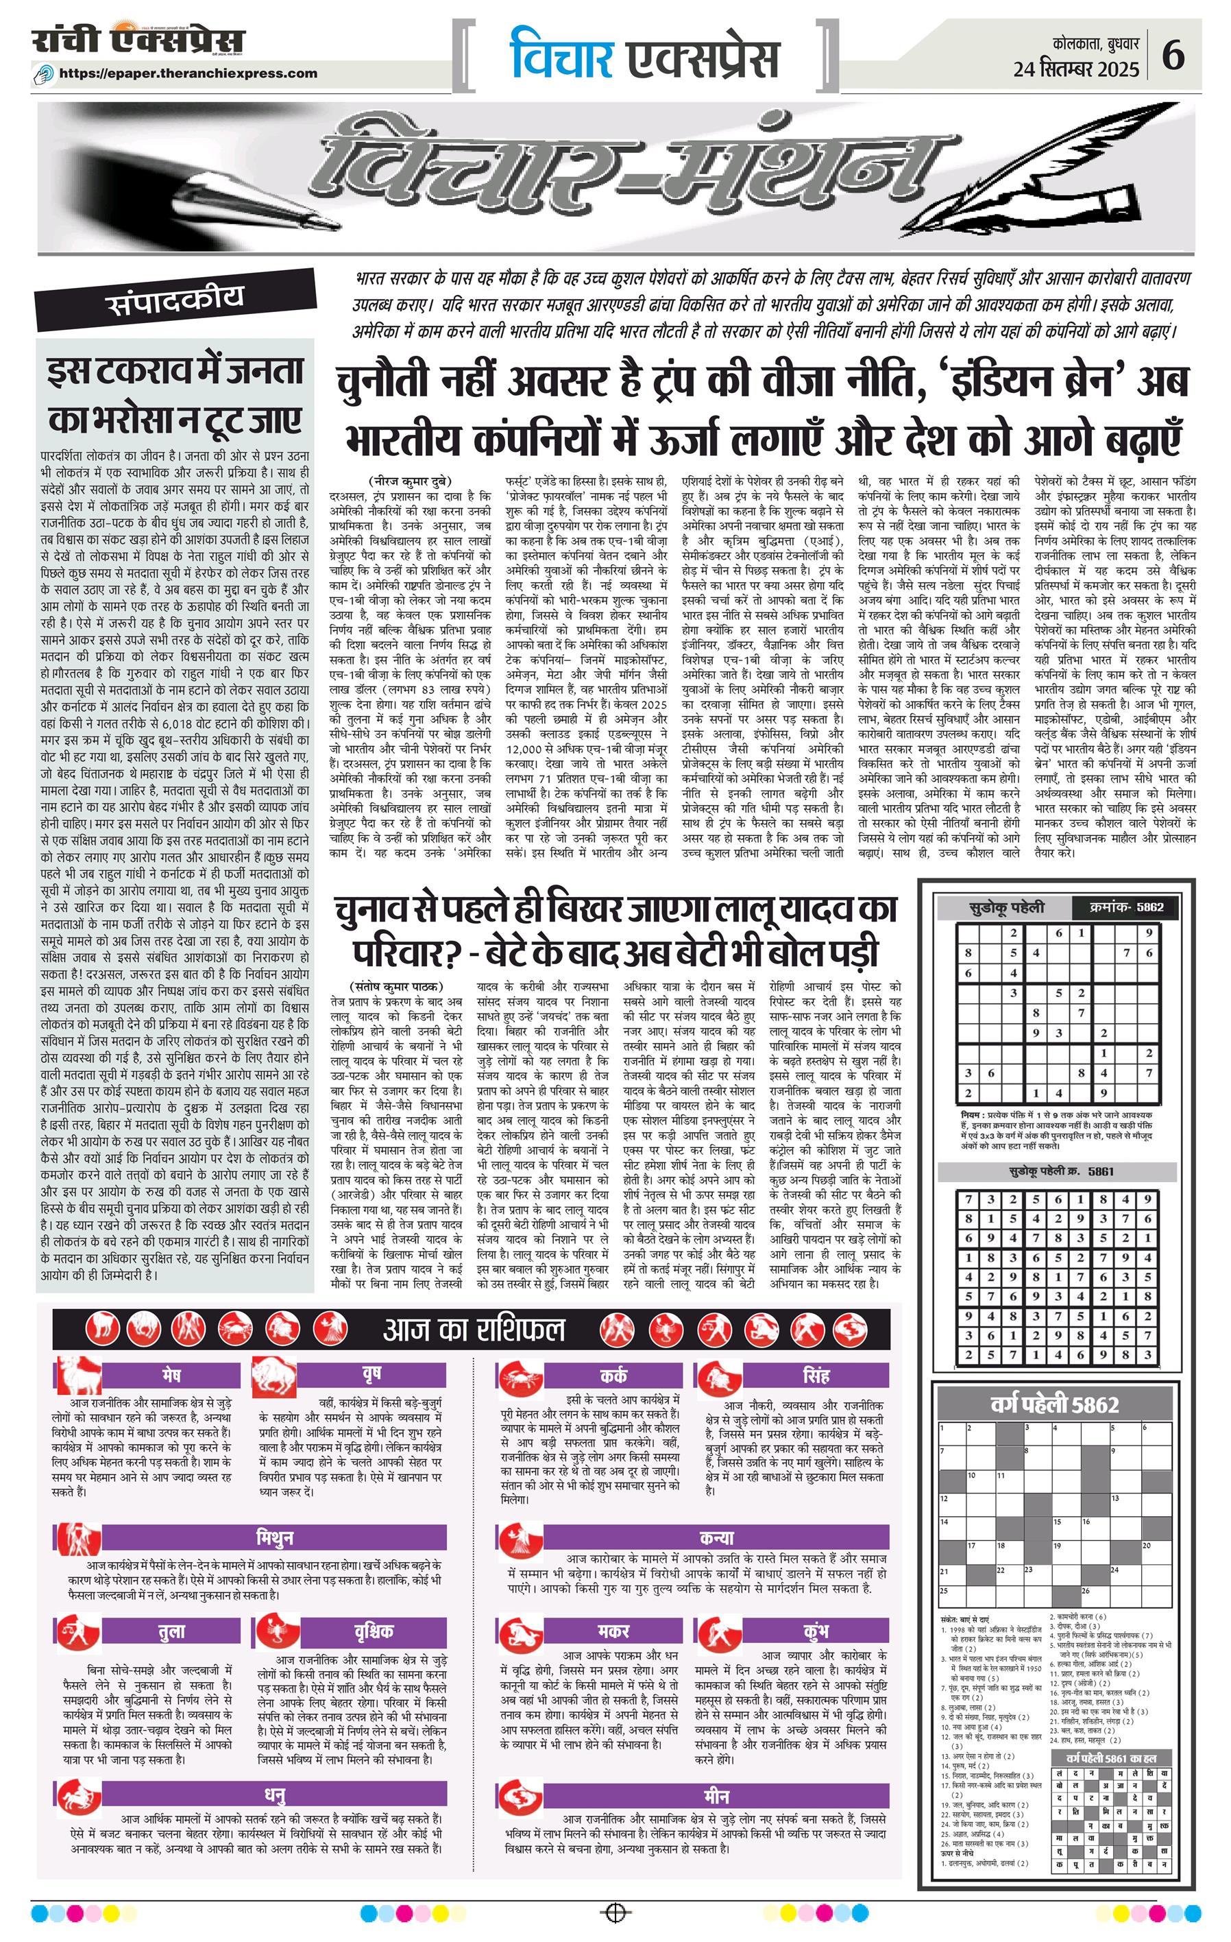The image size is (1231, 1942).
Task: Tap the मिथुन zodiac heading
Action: coord(275,1537)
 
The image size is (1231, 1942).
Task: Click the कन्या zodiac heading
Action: coord(716,1537)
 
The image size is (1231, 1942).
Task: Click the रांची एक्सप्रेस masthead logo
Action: coord(138,42)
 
